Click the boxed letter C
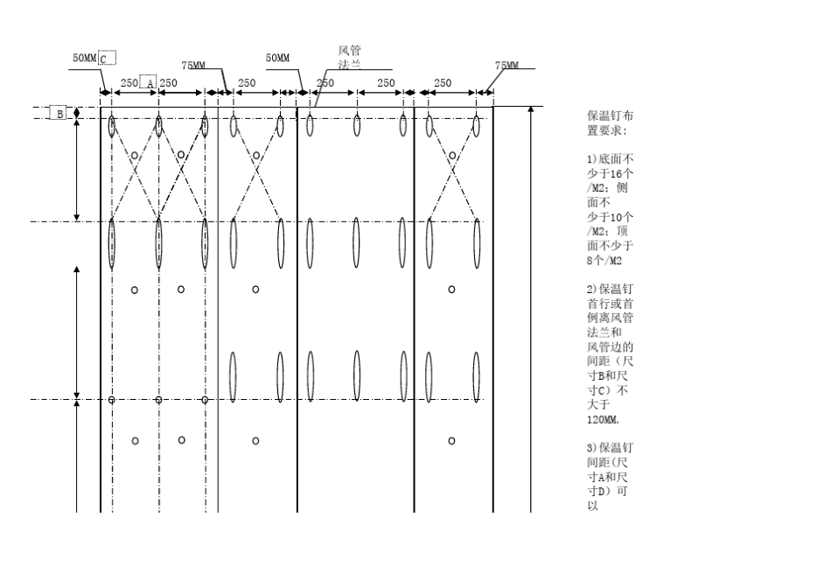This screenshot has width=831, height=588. click(107, 58)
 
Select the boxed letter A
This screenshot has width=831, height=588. click(149, 82)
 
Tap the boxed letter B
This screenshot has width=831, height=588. click(59, 113)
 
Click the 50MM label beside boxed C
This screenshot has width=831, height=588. click(85, 58)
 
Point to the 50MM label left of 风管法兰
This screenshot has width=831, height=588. click(277, 58)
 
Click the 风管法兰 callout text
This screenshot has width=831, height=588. click(350, 57)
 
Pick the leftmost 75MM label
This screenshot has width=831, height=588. click(193, 66)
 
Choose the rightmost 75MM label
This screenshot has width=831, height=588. click(507, 66)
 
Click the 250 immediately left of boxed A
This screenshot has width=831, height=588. click(129, 83)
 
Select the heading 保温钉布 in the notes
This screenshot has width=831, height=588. click(610, 116)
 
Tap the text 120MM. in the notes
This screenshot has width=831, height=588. click(603, 419)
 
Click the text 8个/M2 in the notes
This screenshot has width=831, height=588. click(604, 261)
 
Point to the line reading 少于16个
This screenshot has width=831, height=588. click(610, 173)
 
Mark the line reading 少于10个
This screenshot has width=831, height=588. click(610, 217)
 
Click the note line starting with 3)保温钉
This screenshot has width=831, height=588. click(610, 448)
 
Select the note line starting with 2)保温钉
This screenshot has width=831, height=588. click(610, 289)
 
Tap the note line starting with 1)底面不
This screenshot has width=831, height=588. click(610, 158)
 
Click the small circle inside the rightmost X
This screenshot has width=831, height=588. click(452, 156)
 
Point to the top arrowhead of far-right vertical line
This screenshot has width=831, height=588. click(531, 109)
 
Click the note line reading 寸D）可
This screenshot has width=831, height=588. click(607, 492)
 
